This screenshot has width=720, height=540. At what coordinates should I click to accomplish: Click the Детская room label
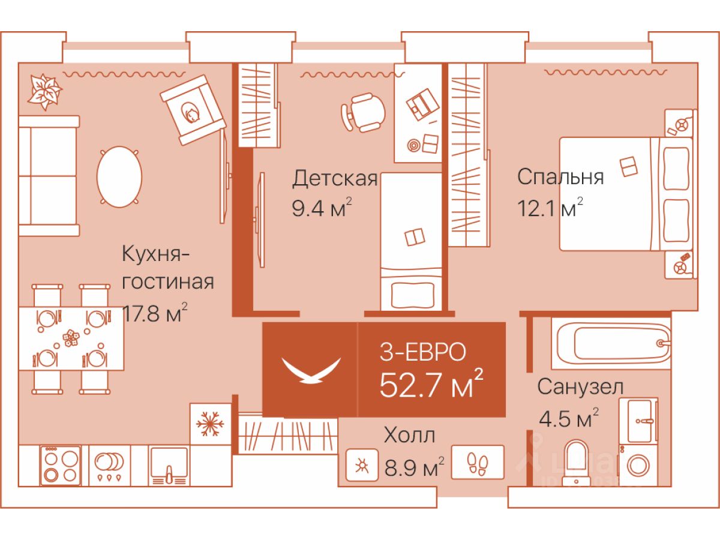tap(335, 179)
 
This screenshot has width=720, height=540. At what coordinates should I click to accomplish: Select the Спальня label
tap(560, 177)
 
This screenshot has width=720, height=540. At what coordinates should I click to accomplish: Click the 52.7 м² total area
tap(431, 385)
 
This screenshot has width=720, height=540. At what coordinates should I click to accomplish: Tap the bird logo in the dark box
tap(310, 370)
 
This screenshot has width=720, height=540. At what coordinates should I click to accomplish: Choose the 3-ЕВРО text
tap(422, 353)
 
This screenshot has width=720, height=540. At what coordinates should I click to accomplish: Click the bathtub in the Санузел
tap(612, 343)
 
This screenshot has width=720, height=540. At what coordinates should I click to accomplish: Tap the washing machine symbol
tap(642, 466)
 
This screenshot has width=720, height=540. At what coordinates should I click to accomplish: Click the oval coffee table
tap(119, 177)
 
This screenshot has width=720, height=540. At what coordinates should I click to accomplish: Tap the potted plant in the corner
tap(44, 91)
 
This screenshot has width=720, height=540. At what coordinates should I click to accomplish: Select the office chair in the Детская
tap(364, 112)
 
